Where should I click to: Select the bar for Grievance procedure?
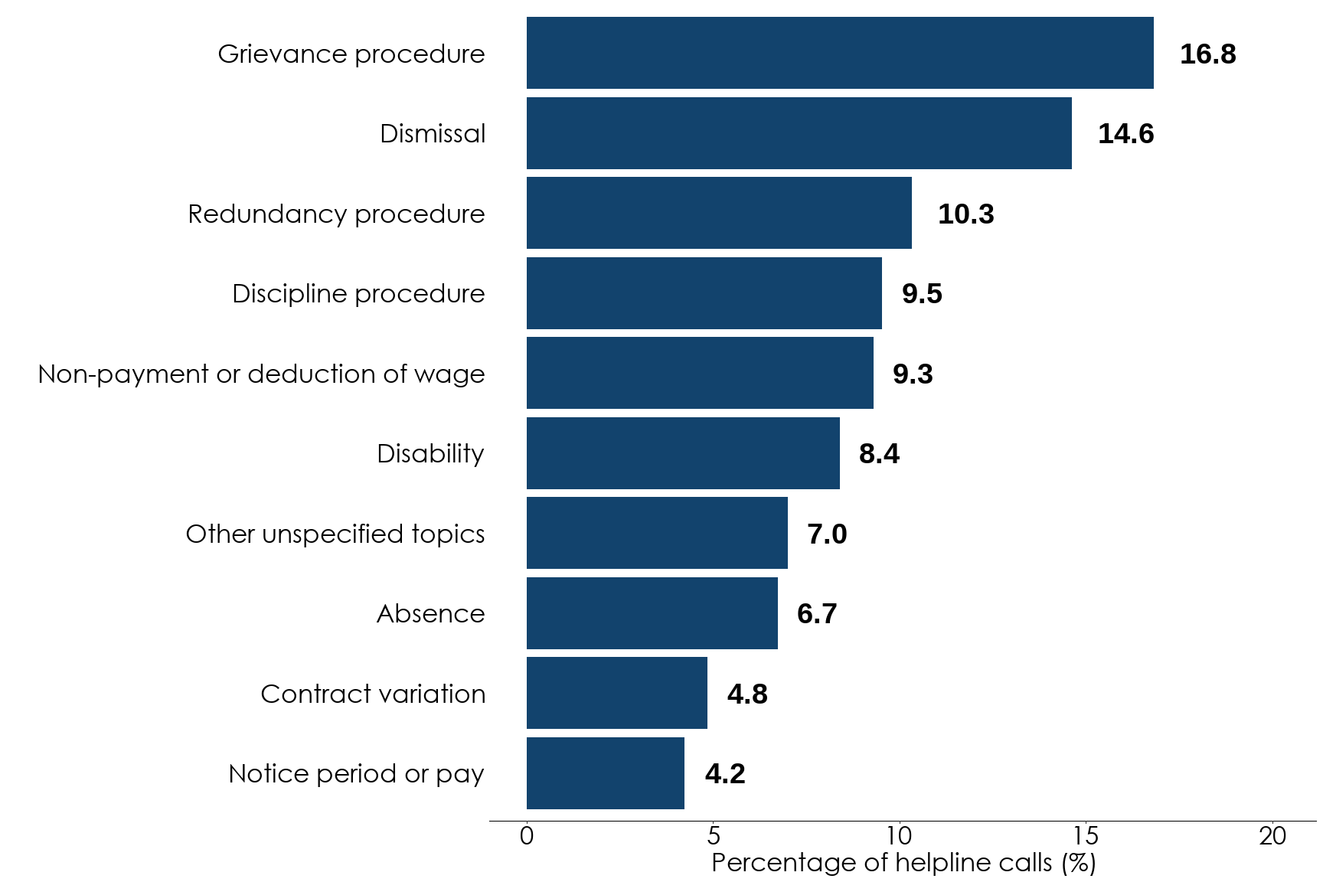pyautogui.click(x=840, y=53)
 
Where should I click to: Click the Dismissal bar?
pyautogui.click(x=799, y=133)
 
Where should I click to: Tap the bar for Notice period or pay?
pyautogui.click(x=605, y=773)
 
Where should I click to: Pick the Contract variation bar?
pyautogui.click(x=616, y=693)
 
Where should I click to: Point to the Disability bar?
pyautogui.click(x=683, y=453)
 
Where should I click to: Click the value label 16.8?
pyautogui.click(x=1207, y=54)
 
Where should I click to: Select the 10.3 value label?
pyautogui.click(x=965, y=214)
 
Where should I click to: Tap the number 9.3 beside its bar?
pyautogui.click(x=913, y=374)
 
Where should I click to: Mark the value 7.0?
pyautogui.click(x=827, y=534)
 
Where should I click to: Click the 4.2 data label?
pyautogui.click(x=724, y=774)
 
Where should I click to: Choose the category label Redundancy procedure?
pyautogui.click(x=336, y=214)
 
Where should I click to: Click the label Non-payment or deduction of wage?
pyautogui.click(x=261, y=374)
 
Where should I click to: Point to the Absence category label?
pyautogui.click(x=430, y=614)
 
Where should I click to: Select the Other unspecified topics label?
pyautogui.click(x=335, y=534)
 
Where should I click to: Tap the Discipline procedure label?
pyautogui.click(x=358, y=294)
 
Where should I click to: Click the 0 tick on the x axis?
pyautogui.click(x=527, y=836)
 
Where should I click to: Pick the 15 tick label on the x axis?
pyautogui.click(x=1086, y=836)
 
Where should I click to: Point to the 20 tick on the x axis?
pyautogui.click(x=1272, y=836)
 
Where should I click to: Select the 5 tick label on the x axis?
pyautogui.click(x=713, y=836)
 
